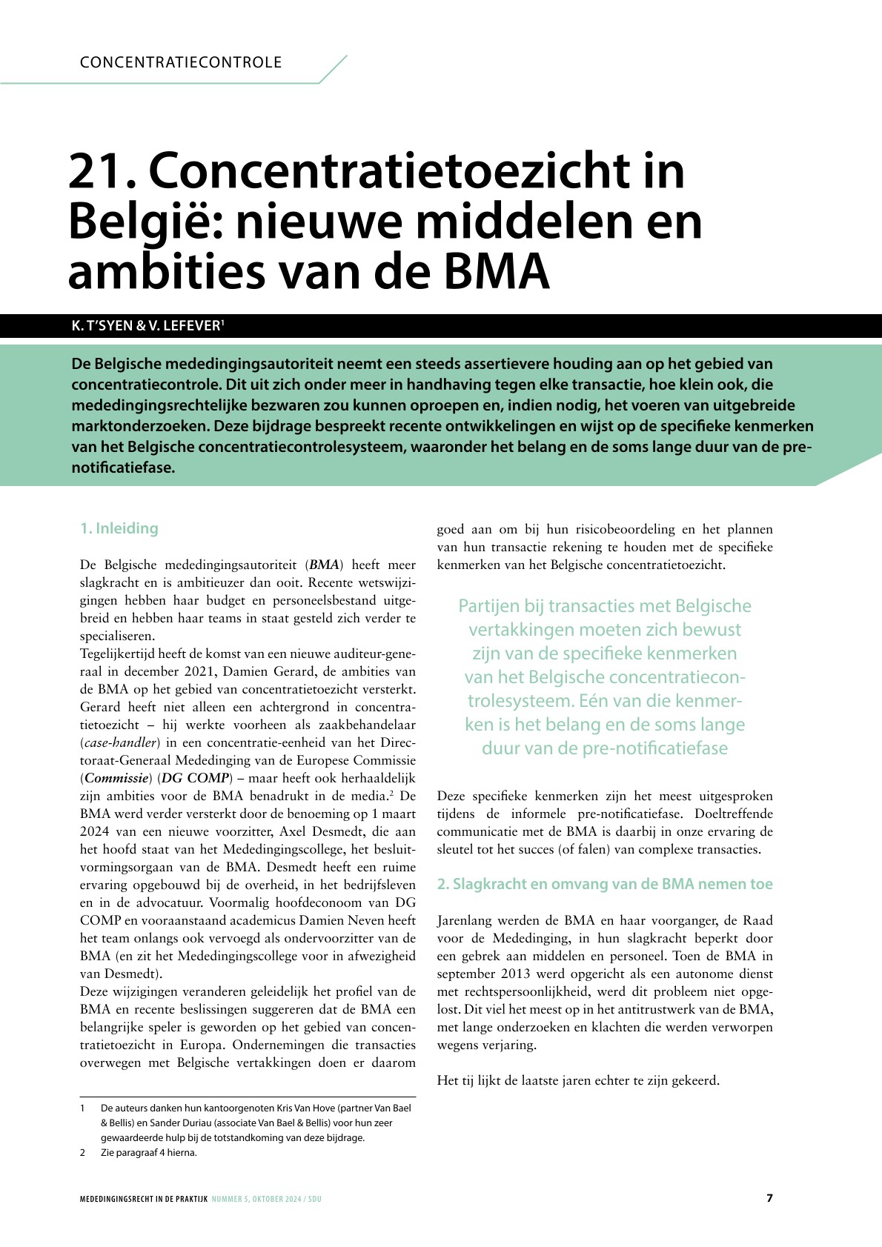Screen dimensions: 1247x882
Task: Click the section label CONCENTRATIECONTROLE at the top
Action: point(181,62)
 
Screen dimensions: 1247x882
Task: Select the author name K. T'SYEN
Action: point(102,326)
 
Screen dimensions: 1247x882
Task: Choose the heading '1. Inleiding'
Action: point(119,528)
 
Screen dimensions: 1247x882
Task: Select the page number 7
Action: point(769,1198)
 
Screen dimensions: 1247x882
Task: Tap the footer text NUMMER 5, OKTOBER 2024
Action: point(257,1199)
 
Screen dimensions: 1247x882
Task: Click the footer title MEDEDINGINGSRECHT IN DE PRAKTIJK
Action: point(144,1199)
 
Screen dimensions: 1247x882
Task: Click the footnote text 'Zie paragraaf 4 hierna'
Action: point(148,1153)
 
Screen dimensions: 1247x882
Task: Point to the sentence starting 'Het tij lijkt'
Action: point(578,1080)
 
